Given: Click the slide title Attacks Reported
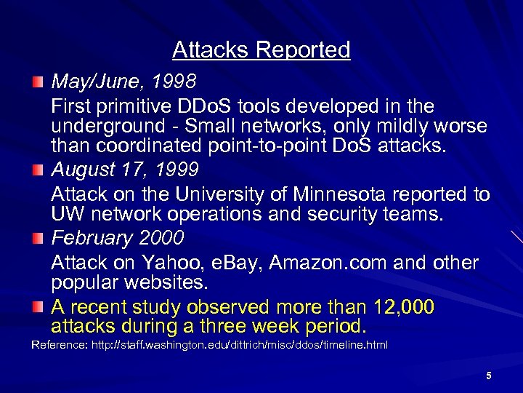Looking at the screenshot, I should (261, 50).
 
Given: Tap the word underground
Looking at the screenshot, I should (108, 126).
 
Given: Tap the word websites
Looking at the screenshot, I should (165, 282).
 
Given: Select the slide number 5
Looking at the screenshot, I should (488, 376).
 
